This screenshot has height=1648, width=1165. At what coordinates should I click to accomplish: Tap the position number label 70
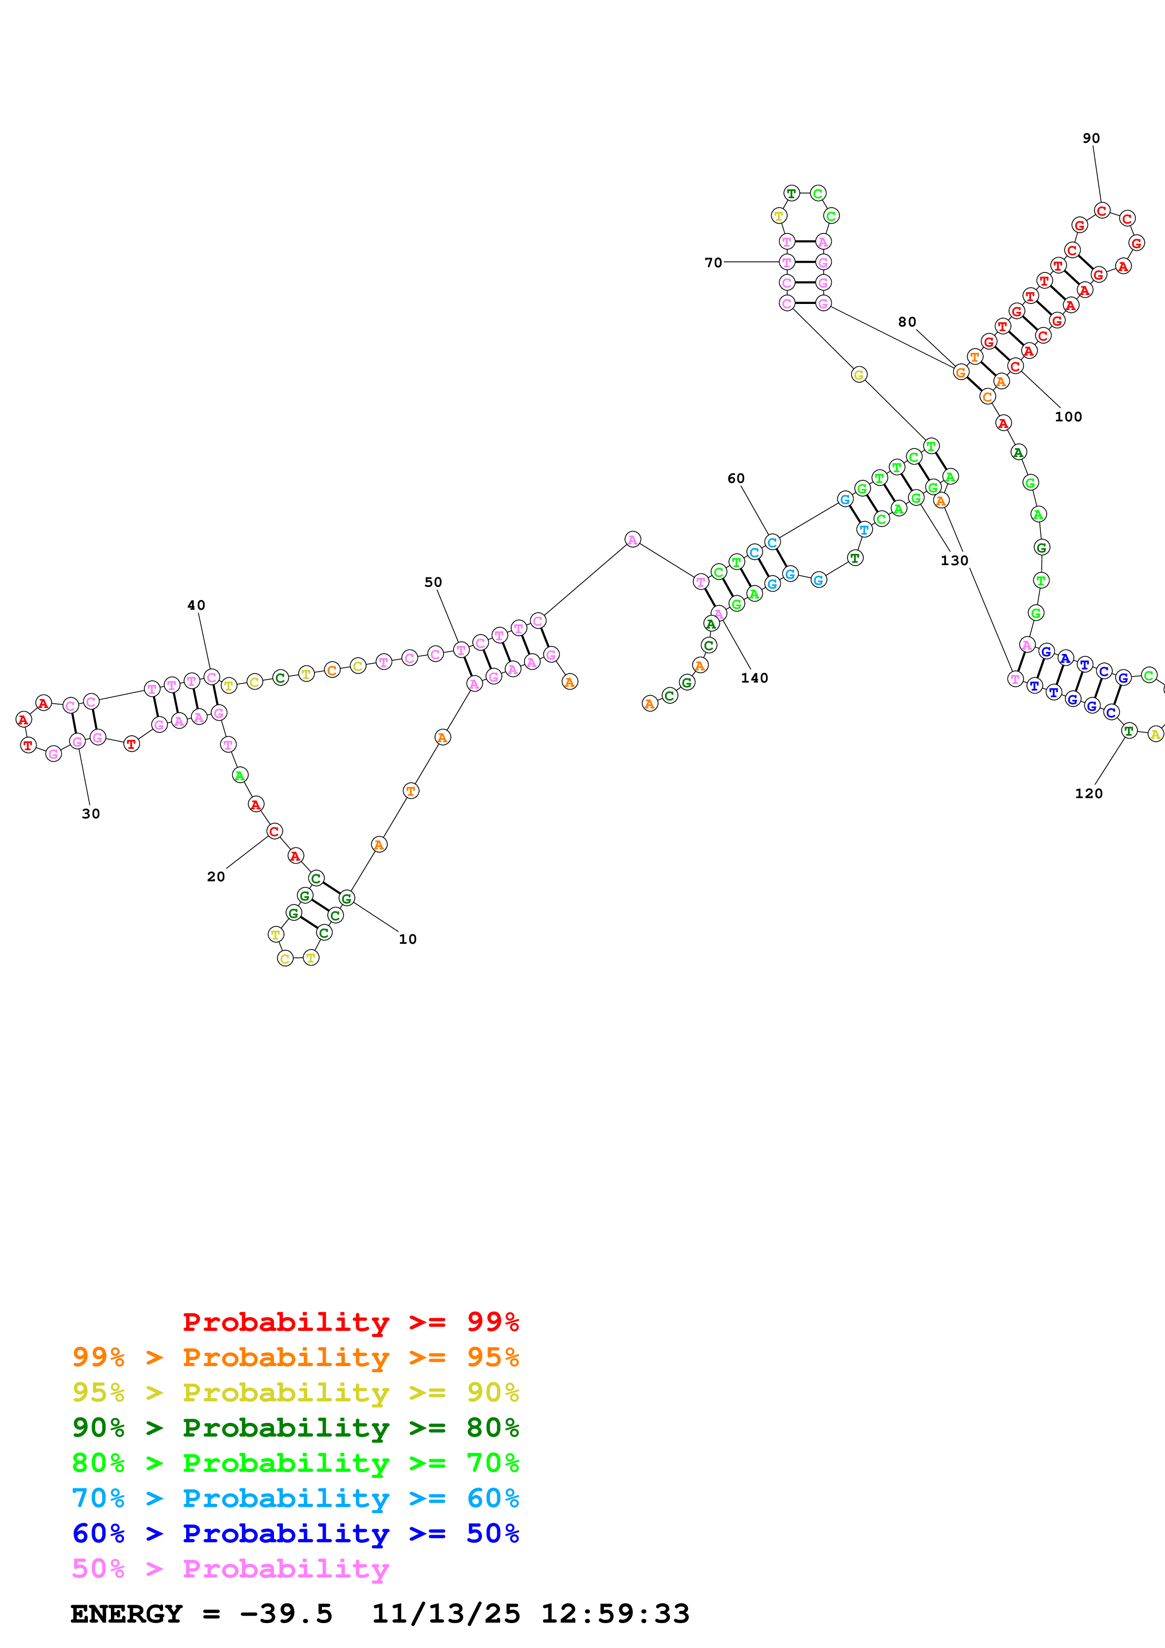[713, 263]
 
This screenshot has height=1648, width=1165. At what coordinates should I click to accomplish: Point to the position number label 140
[754, 677]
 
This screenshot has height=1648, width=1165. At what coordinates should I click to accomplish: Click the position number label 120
[1088, 793]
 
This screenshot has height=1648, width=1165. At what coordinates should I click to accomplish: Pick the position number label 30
[90, 813]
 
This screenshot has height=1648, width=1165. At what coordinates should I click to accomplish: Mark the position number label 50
[433, 582]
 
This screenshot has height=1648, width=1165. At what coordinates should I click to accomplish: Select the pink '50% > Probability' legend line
[230, 1568]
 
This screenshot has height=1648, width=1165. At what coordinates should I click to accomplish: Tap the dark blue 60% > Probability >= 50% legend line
[295, 1533]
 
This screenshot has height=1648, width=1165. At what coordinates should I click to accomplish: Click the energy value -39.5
[286, 1614]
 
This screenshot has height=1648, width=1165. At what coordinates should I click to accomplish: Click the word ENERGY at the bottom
[126, 1614]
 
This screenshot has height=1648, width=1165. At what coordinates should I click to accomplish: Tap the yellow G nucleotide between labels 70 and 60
[859, 375]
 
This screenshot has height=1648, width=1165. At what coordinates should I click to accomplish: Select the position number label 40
[196, 605]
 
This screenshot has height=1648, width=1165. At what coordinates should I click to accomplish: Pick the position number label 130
[954, 560]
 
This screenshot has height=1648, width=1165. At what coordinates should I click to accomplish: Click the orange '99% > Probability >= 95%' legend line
[295, 1357]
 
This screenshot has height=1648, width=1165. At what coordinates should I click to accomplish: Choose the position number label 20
[215, 877]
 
